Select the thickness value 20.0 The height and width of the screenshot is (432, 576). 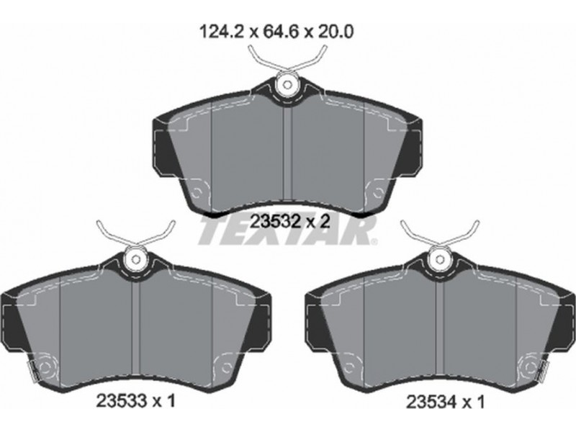(x=335, y=32)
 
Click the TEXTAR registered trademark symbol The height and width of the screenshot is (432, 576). (x=374, y=242)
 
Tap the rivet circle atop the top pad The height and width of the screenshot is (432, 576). (x=287, y=85)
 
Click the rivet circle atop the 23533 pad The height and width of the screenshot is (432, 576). (x=136, y=260)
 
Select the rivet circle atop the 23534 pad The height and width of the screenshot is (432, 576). (x=440, y=260)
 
